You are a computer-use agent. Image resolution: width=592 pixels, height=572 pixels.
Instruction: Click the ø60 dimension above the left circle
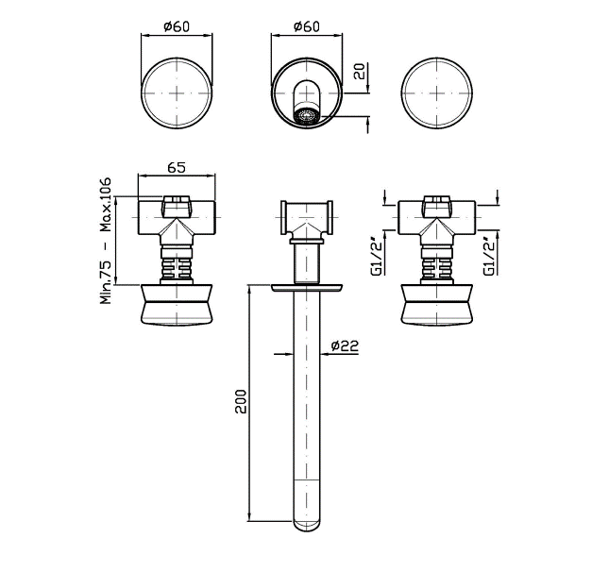point(177,26)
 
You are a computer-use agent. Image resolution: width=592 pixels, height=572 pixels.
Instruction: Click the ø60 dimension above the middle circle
point(307,26)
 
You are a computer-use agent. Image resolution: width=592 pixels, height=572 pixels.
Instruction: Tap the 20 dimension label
point(360,72)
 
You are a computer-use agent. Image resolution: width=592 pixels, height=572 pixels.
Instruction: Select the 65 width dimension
point(177,167)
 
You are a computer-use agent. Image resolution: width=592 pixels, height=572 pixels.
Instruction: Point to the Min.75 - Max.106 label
point(106,241)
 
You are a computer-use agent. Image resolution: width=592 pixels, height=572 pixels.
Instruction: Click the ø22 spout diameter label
point(345,345)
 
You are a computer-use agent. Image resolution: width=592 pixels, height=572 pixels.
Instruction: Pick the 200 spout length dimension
point(241,401)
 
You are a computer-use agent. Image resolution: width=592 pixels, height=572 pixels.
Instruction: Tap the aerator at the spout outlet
point(307,115)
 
